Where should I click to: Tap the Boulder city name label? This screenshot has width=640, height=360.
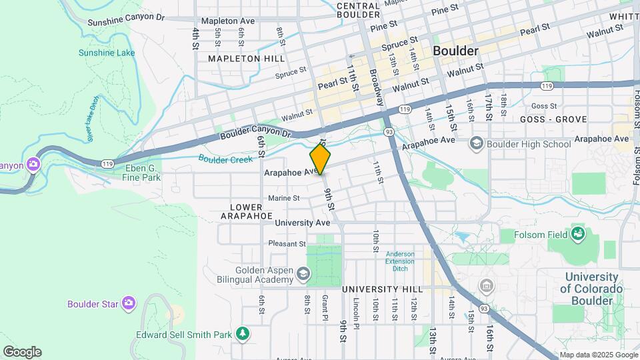point(455,51)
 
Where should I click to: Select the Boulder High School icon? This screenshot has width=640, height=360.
point(477,143)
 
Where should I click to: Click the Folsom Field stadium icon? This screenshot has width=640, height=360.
point(577,234)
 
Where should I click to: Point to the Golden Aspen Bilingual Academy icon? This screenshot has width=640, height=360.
point(303,273)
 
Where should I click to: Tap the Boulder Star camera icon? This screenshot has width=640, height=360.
point(129,304)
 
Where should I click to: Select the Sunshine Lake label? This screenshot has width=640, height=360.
point(107,53)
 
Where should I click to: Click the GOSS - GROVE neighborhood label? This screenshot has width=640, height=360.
point(554,119)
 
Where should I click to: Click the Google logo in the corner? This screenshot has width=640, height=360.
point(22,351)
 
